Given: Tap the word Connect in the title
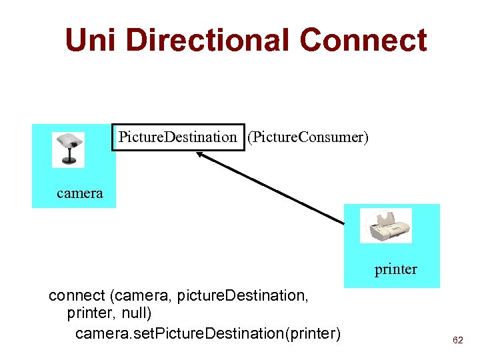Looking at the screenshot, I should click(x=363, y=40).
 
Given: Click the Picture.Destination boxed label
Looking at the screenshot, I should click(x=177, y=137).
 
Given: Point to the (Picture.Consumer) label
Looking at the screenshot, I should click(x=307, y=137).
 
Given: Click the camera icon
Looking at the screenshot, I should click(x=69, y=149).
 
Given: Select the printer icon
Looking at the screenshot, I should click(x=386, y=226).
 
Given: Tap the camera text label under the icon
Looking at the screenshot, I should click(x=80, y=193).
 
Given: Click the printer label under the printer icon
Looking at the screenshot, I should click(x=395, y=269).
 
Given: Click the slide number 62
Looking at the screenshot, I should click(x=457, y=340).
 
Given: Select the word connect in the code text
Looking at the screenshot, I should click(x=77, y=295).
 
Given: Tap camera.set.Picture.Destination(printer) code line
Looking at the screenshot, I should click(x=207, y=333).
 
